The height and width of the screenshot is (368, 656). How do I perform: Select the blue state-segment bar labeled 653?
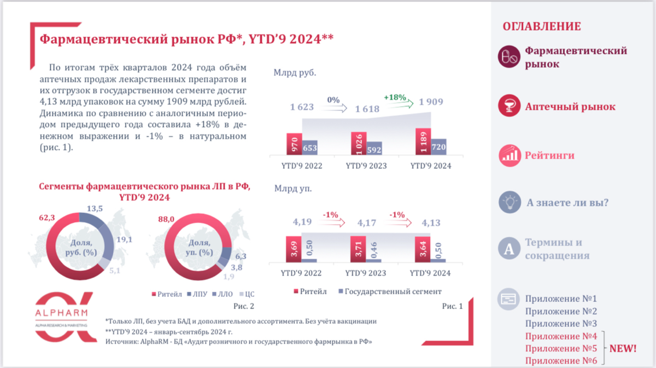(x=309, y=148)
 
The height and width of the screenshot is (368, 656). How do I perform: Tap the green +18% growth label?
(x=395, y=97)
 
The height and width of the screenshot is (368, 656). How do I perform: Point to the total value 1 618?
(x=367, y=109)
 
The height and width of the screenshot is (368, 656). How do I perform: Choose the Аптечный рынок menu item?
(x=570, y=107)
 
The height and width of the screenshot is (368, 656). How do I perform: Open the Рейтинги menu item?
(x=549, y=156)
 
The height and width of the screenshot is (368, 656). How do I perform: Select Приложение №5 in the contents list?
(x=560, y=348)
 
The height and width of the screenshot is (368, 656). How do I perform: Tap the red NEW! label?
(x=623, y=348)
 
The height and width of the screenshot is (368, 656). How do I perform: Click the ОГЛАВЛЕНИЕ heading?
(x=541, y=27)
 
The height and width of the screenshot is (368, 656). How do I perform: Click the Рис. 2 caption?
(x=243, y=307)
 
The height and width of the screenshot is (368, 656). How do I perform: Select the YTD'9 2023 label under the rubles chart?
(x=366, y=166)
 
